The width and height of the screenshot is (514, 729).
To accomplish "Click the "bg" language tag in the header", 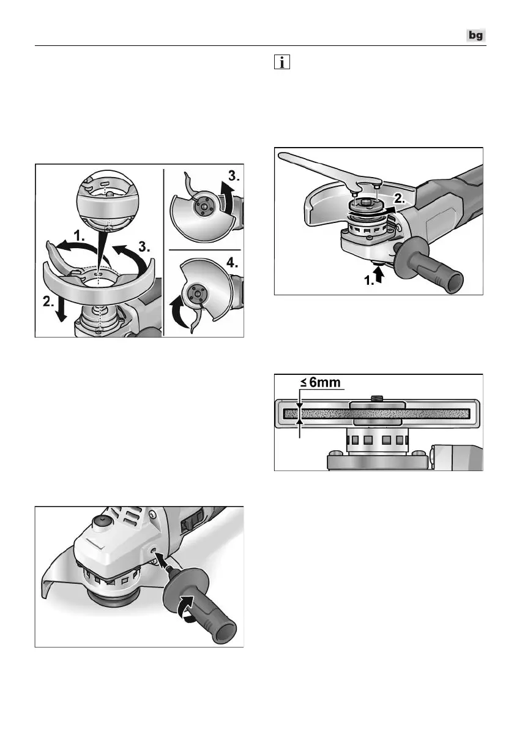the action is tap(475, 36).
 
